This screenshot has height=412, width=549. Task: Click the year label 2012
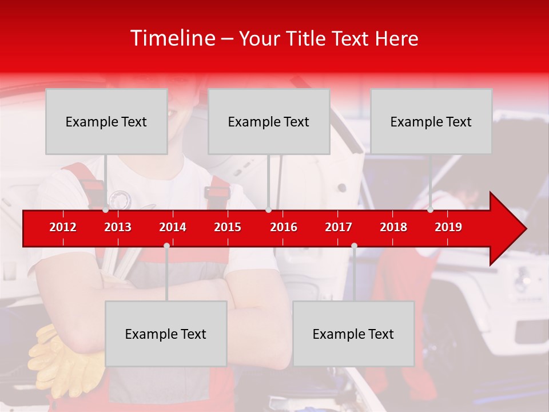point(63,227)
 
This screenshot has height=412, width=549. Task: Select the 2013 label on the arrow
point(118,227)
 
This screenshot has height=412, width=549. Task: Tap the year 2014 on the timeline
point(173,227)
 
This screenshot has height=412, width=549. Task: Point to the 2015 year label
point(228,227)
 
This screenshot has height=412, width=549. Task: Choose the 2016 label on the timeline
point(284,227)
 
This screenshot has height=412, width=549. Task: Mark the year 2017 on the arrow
point(339,227)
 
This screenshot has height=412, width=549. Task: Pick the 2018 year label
point(393,227)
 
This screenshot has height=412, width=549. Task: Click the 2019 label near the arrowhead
point(448,227)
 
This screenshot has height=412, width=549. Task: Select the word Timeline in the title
point(172,38)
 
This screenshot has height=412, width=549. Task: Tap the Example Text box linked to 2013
point(106,121)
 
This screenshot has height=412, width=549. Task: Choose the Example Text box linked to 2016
point(269,121)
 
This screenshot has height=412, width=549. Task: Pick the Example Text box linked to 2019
point(431,121)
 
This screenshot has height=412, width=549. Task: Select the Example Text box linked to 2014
point(166,334)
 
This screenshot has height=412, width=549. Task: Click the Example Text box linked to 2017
point(353,334)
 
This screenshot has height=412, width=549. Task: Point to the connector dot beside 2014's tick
point(166,245)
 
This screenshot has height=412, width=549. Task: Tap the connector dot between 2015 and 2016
point(268,210)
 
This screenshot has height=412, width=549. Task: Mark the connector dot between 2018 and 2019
point(430,210)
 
